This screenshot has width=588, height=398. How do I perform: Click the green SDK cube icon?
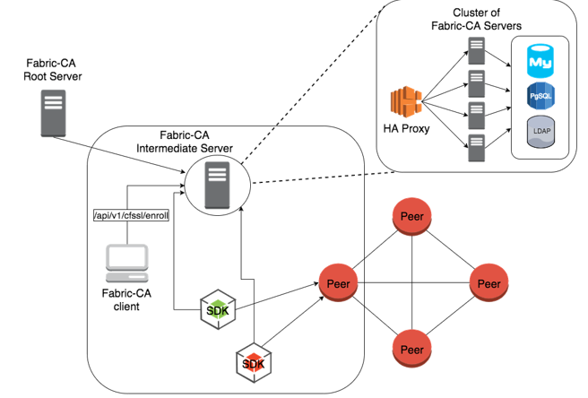[217, 310]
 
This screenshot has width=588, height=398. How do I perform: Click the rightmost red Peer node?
[489, 284]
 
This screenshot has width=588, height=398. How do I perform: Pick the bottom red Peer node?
[411, 349]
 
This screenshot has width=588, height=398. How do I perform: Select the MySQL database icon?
[540, 62]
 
